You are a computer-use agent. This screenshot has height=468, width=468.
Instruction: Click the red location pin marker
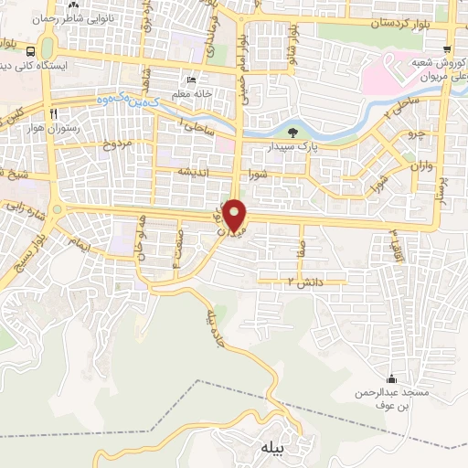235,217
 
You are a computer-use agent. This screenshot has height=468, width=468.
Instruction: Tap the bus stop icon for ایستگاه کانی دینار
32,51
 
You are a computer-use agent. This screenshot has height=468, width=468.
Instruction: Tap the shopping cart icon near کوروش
446,48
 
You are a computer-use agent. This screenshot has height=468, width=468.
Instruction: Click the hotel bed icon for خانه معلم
190,80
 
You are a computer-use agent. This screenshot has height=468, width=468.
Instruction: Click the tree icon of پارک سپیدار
303,133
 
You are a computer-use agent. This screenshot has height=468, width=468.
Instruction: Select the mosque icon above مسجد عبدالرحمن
391,379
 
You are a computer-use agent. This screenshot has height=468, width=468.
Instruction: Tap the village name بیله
273,447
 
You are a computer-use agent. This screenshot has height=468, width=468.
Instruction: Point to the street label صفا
301,246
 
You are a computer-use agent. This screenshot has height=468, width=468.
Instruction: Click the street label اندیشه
196,172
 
